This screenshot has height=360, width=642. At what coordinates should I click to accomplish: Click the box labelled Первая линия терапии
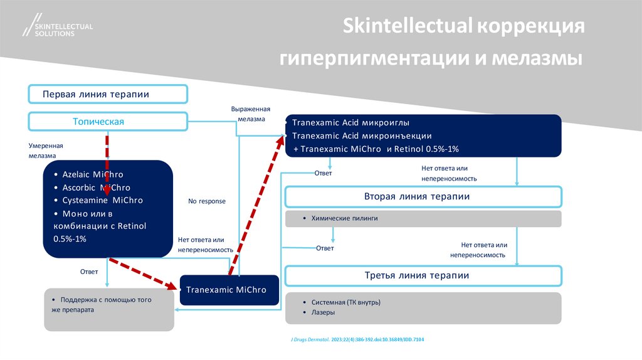(108, 95)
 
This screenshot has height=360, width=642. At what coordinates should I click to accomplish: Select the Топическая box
(108, 122)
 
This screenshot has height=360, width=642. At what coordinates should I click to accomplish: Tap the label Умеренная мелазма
(45, 150)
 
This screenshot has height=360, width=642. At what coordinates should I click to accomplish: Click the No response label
(207, 201)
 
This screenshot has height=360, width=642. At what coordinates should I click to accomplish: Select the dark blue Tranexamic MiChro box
(229, 290)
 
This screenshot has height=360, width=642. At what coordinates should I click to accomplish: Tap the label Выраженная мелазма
(251, 114)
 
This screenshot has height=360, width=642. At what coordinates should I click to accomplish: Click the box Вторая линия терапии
(424, 197)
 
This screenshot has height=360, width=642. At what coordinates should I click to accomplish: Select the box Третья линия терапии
(424, 276)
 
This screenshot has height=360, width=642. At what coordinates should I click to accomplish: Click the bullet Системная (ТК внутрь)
(345, 302)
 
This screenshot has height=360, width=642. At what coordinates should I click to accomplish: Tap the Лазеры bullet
(323, 312)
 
